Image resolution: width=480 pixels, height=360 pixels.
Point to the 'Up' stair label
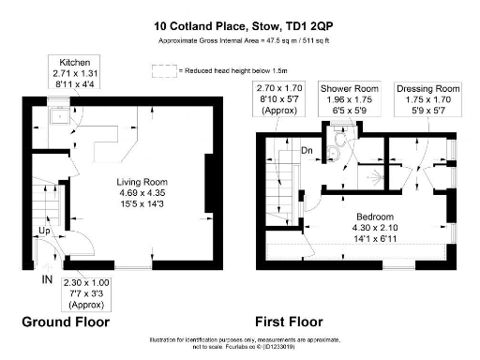[x=43, y=230]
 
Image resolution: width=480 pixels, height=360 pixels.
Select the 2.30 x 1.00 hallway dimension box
[x=87, y=292]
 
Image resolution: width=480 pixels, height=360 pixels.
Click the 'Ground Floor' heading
[x=66, y=322]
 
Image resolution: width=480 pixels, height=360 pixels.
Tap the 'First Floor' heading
[x=305, y=322]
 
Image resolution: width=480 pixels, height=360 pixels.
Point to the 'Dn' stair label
[x=306, y=149]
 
